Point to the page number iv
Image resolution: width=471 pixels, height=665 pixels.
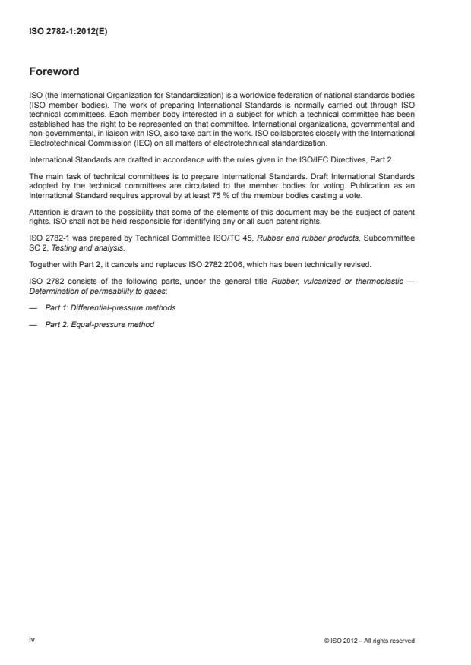[x=32, y=640]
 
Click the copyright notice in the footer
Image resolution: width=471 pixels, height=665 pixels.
[x=369, y=641]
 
